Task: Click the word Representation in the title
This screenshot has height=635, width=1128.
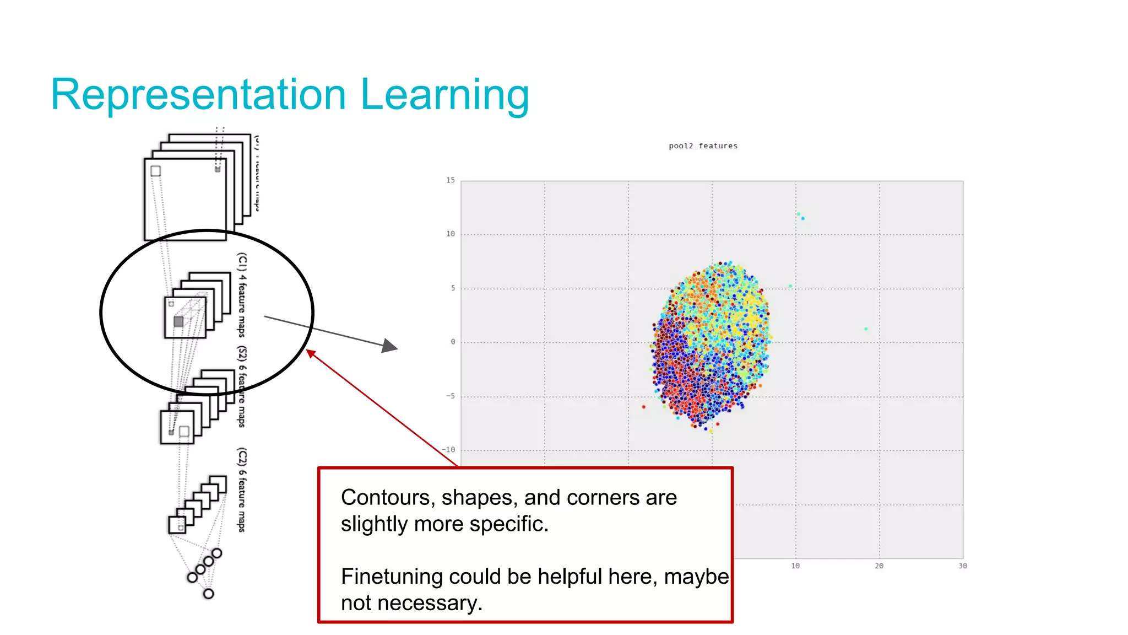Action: tap(198, 95)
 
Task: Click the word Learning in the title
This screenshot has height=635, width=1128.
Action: tap(444, 95)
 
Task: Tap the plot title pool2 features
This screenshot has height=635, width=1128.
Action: tap(703, 146)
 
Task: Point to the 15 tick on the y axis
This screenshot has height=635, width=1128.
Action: tap(451, 180)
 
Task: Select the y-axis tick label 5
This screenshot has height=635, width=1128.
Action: tap(453, 288)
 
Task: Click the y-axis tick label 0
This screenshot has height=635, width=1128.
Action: tap(453, 342)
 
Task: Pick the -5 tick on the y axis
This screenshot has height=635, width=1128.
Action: tap(451, 396)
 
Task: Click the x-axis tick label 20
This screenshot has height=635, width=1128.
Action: tap(879, 566)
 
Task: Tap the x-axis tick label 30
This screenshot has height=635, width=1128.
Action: tap(962, 566)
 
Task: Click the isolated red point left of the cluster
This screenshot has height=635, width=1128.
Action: tap(644, 407)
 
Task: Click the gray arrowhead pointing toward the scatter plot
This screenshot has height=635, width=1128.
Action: tap(390, 346)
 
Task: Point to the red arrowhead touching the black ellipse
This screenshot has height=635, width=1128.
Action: tap(311, 353)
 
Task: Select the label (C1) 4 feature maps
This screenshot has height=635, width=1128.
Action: tap(242, 294)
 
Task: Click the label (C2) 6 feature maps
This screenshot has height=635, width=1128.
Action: tap(242, 489)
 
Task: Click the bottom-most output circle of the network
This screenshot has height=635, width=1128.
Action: tap(208, 594)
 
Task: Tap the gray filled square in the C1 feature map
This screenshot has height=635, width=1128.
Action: tap(178, 321)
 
